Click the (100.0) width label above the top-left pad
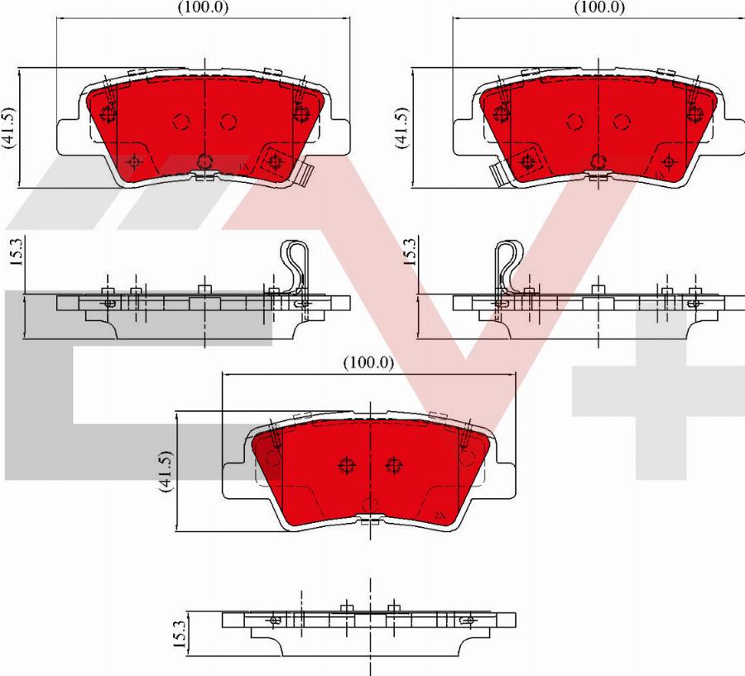coord(204,7)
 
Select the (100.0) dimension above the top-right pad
coord(599,7)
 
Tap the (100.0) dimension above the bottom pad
coord(368,362)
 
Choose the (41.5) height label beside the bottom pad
coord(166,472)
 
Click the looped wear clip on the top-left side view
coord(296,263)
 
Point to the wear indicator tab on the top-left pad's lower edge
coord(304,173)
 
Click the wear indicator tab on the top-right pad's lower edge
coord(499,173)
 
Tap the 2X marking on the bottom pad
coord(440,515)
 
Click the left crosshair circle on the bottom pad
coord(345,466)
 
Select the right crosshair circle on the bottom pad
coord(392,466)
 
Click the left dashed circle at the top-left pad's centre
coord(181,122)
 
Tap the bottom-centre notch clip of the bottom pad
coord(369,520)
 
